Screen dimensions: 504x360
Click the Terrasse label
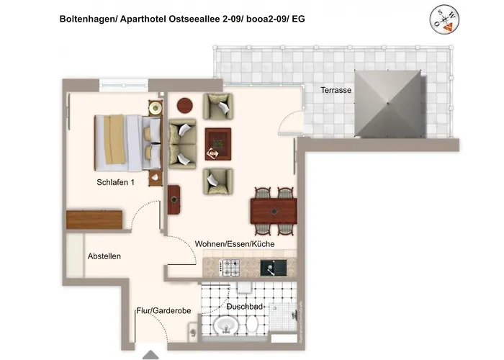point(336,90)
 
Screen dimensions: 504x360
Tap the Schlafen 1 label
point(115,182)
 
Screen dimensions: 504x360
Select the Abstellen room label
point(104,256)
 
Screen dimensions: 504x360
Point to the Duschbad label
point(245,307)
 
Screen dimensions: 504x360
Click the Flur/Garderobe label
point(163,311)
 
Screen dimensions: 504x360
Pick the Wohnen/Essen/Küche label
point(235,244)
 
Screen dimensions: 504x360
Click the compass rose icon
point(444,19)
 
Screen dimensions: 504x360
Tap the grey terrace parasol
point(387,104)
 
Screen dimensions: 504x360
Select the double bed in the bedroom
point(128,143)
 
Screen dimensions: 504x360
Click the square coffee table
point(218,144)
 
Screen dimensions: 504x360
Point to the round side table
point(185,105)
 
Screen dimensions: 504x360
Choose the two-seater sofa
point(182,144)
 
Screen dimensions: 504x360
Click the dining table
point(274,211)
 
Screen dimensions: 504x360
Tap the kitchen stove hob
point(231,267)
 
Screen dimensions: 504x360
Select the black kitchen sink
point(273,268)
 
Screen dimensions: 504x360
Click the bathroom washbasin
point(226,325)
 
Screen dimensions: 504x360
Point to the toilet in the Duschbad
point(252,324)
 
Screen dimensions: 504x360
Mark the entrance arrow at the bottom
point(150,354)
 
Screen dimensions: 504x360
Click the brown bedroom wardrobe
point(94,220)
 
